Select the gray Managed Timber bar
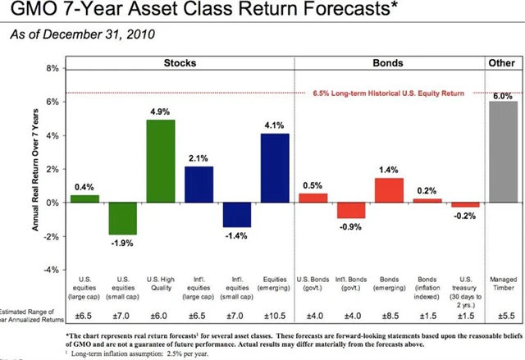point(503,152)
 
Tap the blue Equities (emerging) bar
point(275,168)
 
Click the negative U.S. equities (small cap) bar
point(123,218)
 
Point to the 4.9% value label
point(161,111)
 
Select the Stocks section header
point(179,63)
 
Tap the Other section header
point(504,63)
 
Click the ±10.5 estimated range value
point(275,314)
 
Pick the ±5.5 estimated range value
point(503,314)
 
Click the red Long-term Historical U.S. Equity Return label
point(388,93)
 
